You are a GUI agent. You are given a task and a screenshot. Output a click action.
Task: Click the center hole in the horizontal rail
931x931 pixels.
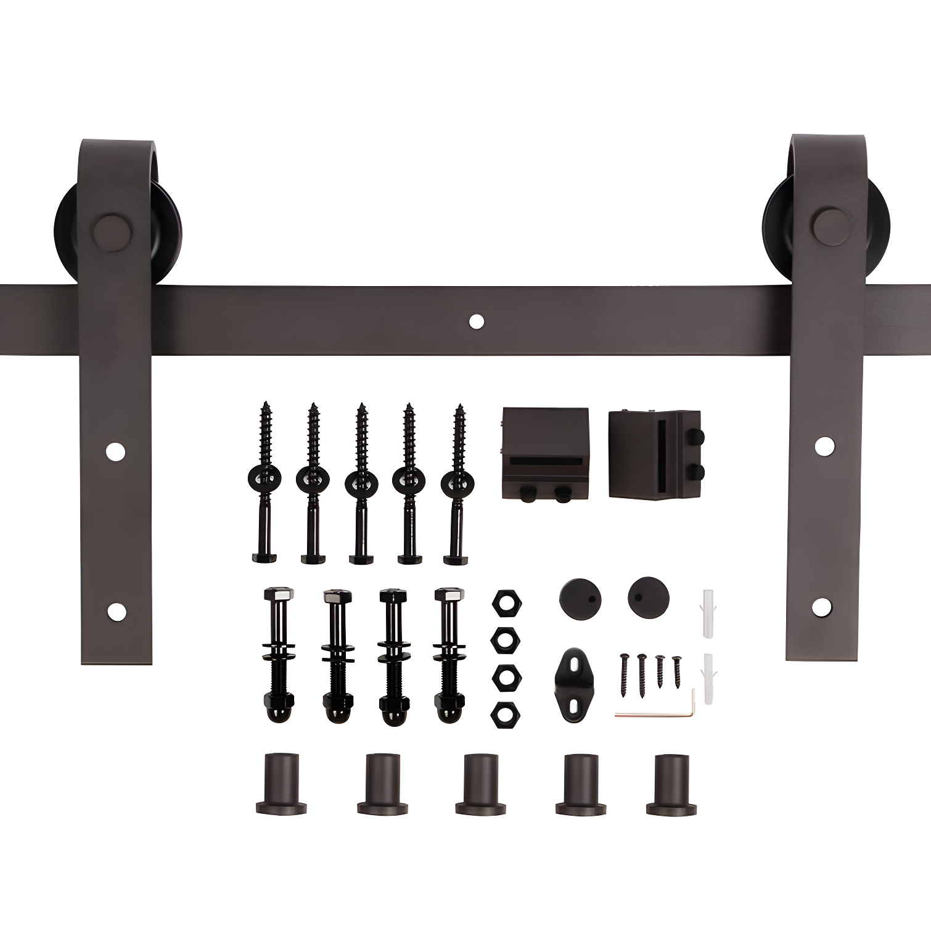pos(476,321)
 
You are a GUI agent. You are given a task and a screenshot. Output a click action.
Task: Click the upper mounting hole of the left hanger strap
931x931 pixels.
pos(115,452)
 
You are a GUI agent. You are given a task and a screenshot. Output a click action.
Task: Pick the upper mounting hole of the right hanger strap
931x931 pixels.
pos(823,445)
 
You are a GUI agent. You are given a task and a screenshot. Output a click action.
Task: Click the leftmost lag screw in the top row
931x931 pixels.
pos(265,481)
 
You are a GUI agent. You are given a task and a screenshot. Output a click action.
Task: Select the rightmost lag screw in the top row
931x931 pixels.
pos(456,481)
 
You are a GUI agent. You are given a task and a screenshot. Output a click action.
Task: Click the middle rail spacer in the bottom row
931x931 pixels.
pos(481,783)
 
